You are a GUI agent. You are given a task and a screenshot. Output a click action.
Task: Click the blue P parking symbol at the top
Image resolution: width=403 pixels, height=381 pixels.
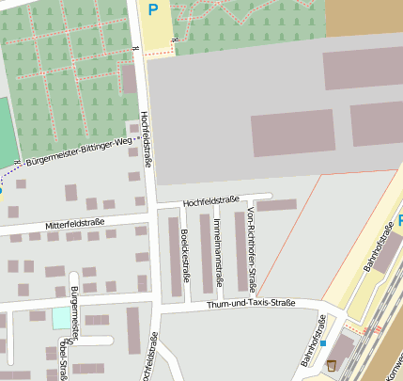(152, 10)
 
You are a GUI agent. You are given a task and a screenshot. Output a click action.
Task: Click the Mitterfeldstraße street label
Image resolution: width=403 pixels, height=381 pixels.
(74, 224)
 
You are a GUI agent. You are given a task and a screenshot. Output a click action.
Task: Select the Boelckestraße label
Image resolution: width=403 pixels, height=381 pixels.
(185, 259)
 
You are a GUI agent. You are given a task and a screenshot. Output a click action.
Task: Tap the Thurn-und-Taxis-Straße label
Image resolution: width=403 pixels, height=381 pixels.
(251, 303)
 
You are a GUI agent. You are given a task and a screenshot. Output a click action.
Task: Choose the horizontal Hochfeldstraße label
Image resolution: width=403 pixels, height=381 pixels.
(211, 200)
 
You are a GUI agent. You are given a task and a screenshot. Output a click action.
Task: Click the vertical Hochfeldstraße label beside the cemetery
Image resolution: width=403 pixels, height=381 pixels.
(146, 140)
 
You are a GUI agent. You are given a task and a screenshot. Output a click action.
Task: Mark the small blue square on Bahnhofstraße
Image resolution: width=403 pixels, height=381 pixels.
(323, 343)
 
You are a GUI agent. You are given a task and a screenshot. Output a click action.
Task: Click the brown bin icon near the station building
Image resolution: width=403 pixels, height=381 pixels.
(331, 365)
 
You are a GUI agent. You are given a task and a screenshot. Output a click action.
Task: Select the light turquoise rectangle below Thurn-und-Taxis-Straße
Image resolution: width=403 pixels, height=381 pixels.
(60, 318)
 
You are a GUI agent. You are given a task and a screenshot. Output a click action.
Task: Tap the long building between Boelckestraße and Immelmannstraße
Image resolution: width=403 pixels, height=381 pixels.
(204, 253)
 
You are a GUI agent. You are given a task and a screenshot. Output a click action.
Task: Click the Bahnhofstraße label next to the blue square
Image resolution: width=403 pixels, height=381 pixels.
(313, 344)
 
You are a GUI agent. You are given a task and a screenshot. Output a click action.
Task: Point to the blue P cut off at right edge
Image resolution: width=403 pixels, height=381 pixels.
(399, 220)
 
